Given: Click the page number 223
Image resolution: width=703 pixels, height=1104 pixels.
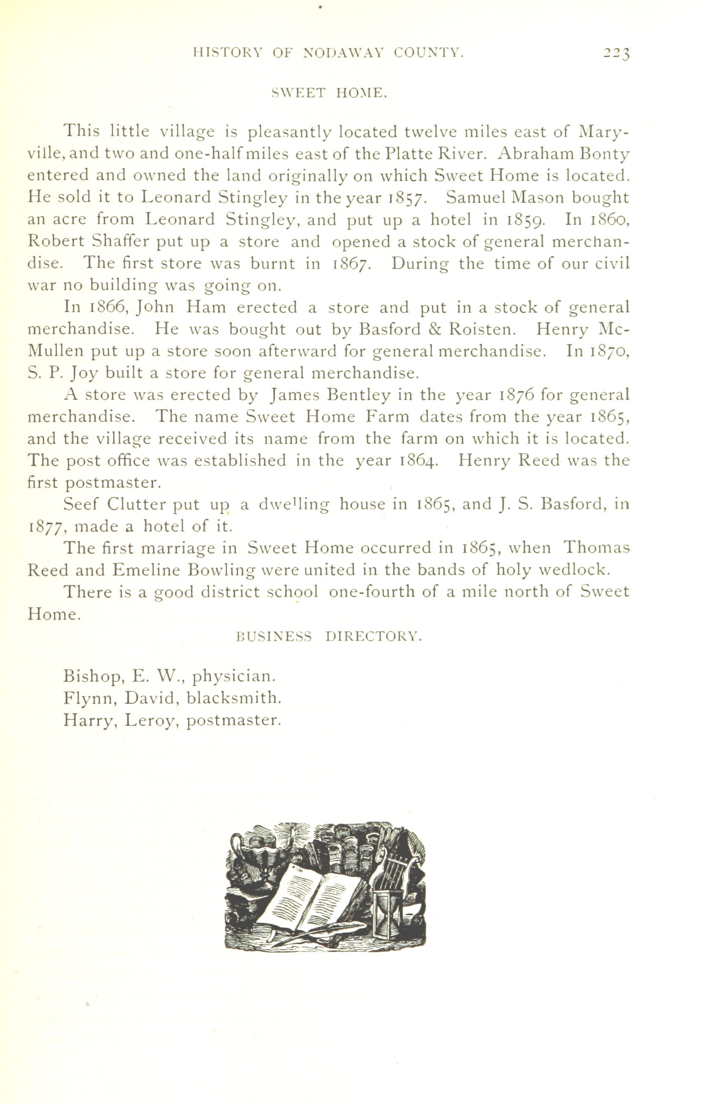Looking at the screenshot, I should coord(616,54).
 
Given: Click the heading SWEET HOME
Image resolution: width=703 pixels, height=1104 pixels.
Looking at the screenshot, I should coord(330,93).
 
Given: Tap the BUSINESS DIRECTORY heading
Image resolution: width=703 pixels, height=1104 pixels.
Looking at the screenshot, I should coord(328,637).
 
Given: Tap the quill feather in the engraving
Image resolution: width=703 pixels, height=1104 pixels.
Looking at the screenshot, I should coord(321,932).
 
